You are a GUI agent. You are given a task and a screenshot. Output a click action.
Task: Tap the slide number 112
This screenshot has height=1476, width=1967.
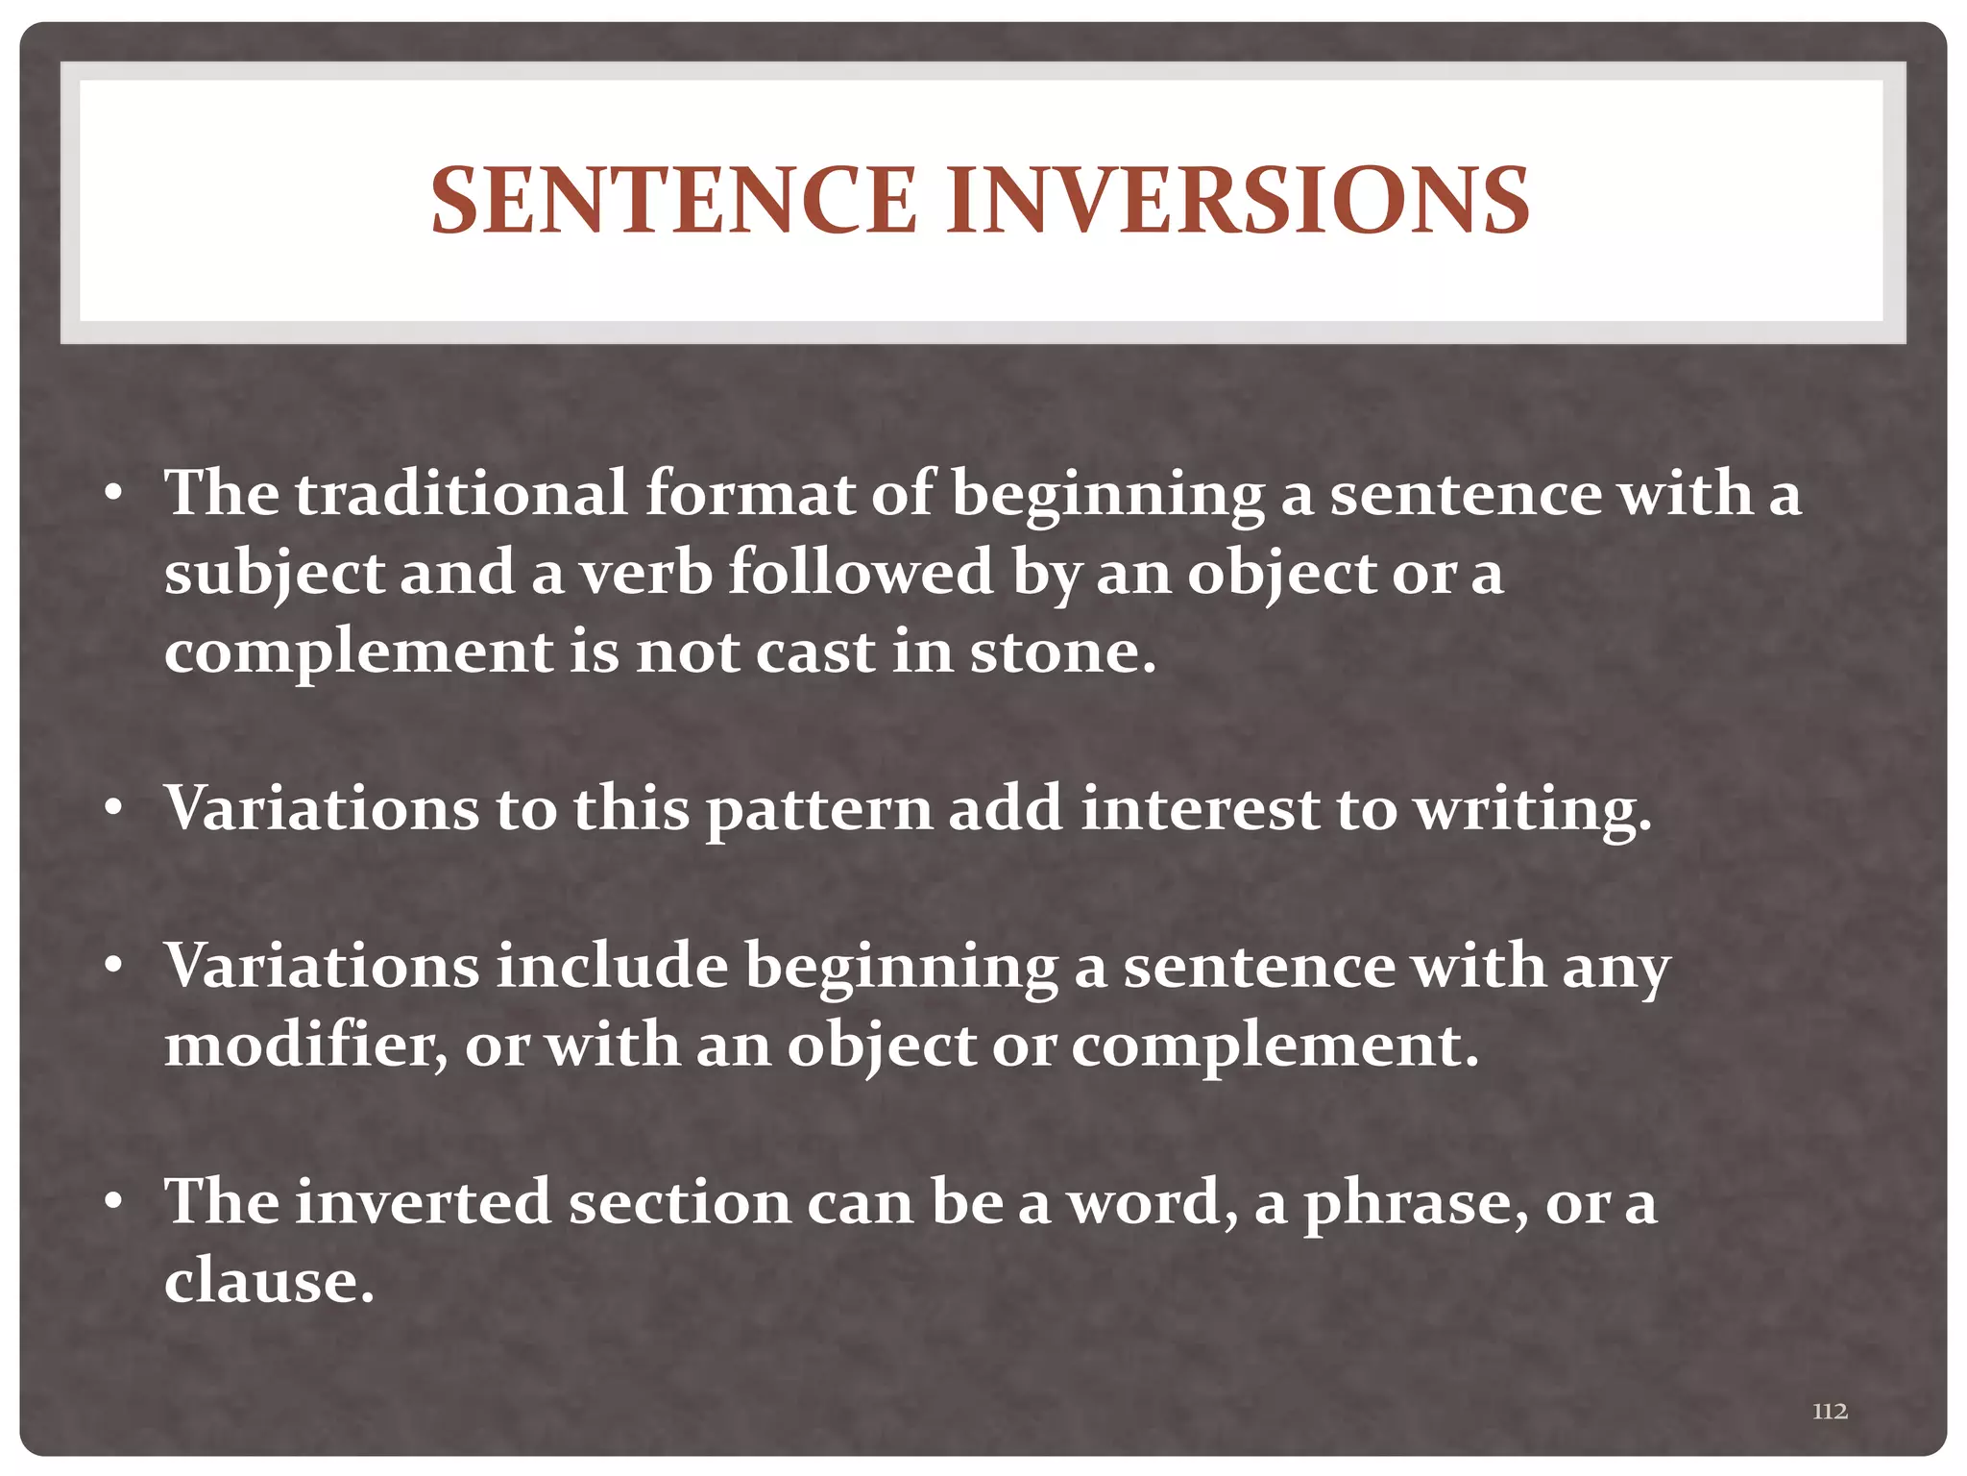pos(1830,1411)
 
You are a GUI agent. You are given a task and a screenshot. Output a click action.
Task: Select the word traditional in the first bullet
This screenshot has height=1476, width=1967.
pos(461,493)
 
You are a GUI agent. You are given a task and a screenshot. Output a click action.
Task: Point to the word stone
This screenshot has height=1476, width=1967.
pos(1061,652)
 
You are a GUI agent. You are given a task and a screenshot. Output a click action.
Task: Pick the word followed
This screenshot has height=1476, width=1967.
pos(861,574)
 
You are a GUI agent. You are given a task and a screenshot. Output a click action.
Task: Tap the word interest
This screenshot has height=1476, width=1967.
pos(1200,809)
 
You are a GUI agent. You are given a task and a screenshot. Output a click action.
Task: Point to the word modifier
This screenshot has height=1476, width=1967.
pos(304,1045)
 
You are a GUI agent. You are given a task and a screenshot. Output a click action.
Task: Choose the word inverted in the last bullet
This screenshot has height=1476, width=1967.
pos(423,1202)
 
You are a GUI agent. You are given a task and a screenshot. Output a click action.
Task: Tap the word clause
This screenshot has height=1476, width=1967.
pos(268,1282)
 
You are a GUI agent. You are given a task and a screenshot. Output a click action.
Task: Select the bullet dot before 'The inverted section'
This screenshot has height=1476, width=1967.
pos(114,1204)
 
